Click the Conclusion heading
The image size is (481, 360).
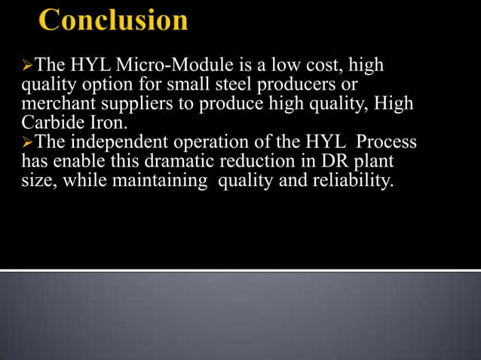click(x=114, y=20)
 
